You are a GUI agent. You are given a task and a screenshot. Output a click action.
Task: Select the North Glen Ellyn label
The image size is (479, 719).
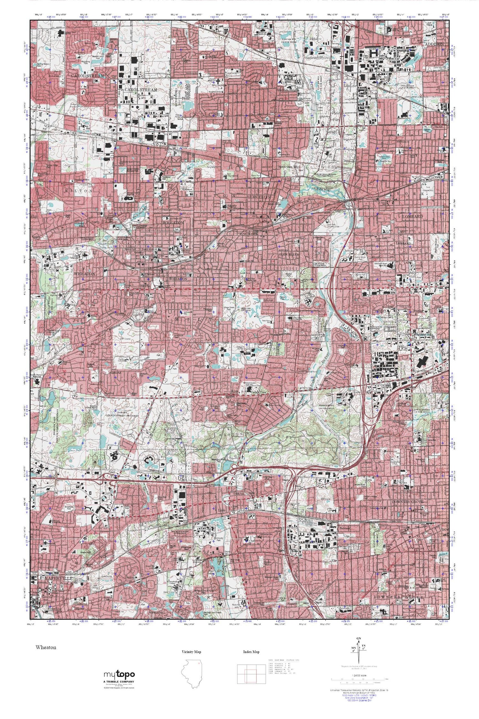pos(289,167)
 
